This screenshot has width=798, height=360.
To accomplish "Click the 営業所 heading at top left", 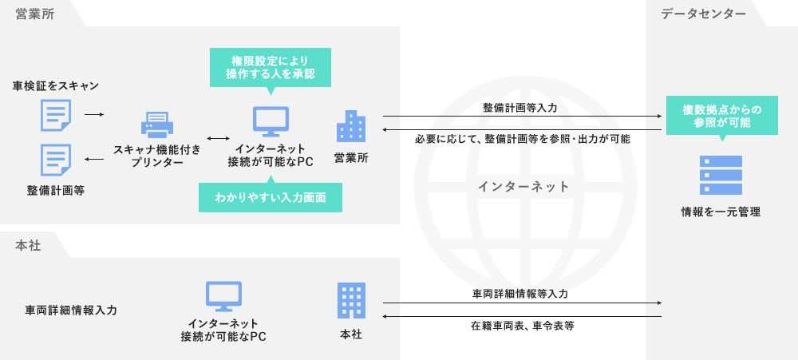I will coord(35,14).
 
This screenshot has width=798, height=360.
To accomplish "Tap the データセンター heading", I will coord(703,14).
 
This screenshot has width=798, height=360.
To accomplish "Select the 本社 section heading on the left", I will coord(28,246).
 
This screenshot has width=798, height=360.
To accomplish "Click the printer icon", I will coord(157,124).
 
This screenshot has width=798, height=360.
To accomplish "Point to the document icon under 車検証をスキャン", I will coord(56,115).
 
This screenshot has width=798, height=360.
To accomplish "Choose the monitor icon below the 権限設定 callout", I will coord(271,121).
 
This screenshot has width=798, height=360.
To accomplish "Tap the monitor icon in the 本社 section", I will coord(223,296).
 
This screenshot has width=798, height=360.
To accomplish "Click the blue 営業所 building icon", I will coord(351,126).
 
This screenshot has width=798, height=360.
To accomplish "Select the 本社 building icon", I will coord(351,301).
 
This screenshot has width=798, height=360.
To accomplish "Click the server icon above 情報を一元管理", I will coord(721,176).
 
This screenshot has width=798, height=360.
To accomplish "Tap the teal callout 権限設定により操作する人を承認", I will coord(270,67).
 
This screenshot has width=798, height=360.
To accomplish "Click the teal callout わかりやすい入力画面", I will coord(271,197).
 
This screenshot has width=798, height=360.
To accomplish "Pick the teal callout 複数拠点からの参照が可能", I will coord(721,116).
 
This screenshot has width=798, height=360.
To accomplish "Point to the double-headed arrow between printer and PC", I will coord(218,137).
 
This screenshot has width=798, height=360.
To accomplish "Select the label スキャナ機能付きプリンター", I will coord(157,156).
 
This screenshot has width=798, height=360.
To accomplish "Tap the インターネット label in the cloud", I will coord(523,187).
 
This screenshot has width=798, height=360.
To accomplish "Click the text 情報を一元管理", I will coord(721,212).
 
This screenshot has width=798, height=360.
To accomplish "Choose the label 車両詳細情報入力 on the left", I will coord(71,310).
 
